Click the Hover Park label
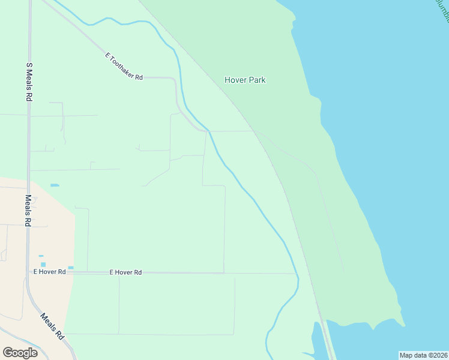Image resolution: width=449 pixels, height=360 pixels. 245,80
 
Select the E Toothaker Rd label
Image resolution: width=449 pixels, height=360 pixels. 124,67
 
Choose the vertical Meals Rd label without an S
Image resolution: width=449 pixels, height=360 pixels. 28,209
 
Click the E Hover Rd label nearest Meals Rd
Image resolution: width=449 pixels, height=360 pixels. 49,272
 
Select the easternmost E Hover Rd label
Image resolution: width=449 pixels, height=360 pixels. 125,272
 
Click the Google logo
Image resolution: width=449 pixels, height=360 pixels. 20,353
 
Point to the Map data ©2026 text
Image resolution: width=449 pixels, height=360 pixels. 424,355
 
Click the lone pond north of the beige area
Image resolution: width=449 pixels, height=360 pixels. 55,185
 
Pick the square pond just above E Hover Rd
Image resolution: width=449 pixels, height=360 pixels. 43,264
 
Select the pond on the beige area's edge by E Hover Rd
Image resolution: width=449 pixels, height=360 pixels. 71,268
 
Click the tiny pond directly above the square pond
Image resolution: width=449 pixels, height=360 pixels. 41,256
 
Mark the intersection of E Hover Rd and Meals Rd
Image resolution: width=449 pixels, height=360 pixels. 28,272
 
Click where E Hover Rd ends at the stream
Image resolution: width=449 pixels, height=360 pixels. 297,274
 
